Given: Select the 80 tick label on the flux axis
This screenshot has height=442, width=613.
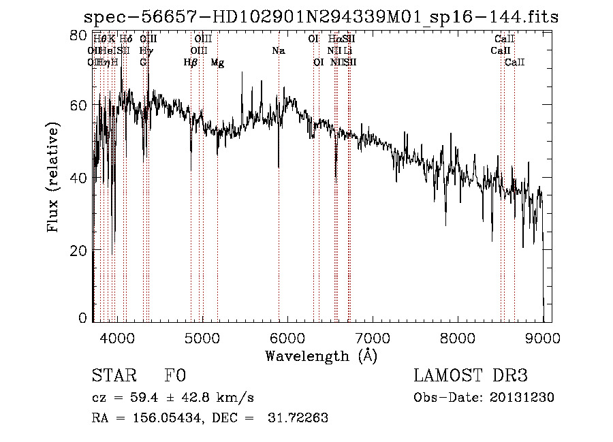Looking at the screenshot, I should point(79,35).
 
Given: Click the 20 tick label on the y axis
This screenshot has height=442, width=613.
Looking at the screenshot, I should point(79,251).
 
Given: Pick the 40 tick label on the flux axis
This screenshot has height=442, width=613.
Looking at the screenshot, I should point(79,178).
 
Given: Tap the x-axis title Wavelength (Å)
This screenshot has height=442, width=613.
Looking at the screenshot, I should point(321,356).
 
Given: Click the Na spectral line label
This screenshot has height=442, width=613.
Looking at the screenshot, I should point(278,51).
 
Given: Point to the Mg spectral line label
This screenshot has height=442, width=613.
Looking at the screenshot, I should point(217,63).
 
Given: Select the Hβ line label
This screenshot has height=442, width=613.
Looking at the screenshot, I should point(191,63).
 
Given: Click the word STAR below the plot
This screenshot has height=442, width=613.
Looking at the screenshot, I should point(114,376).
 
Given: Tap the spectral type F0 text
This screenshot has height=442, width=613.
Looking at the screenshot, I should point(175,376).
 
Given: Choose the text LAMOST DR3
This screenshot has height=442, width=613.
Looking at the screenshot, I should point(471,376).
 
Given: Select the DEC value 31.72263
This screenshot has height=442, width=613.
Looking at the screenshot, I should point(301,418).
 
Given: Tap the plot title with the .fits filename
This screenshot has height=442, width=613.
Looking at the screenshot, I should point(321,18).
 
